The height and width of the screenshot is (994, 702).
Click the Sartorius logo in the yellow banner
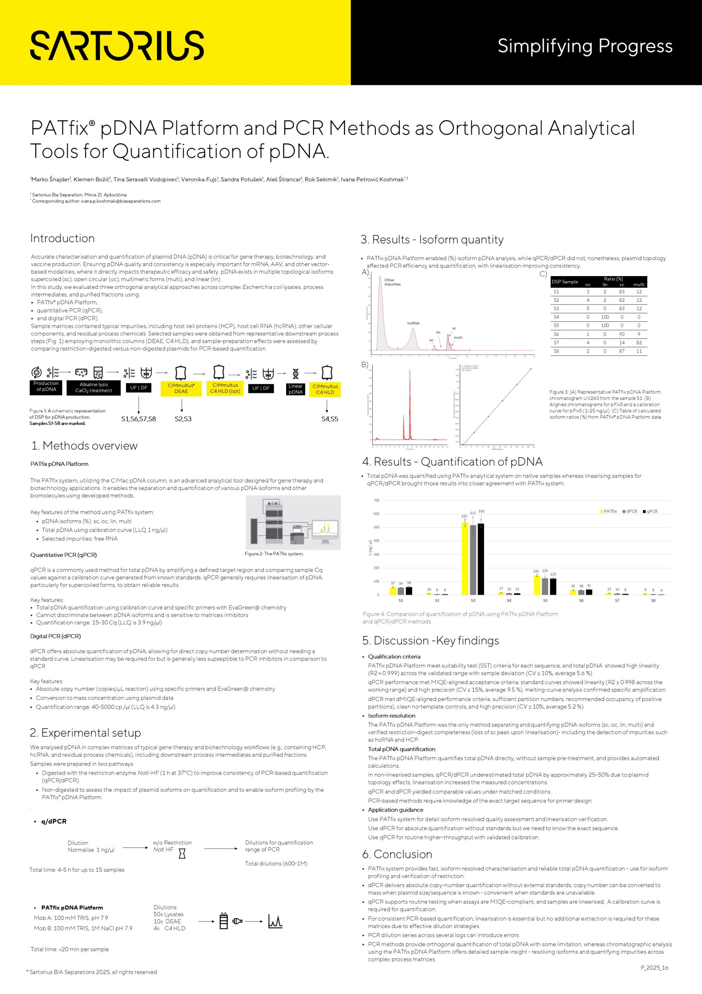117,45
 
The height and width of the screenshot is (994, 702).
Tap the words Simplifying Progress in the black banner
585,46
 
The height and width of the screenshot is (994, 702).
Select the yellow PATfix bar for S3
465,558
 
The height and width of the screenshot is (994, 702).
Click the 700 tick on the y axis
376,500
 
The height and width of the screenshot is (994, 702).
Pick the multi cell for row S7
639,342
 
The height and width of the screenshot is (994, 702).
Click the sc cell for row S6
622,334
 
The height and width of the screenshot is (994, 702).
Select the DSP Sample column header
565,282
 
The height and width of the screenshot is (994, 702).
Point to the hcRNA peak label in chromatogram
413,323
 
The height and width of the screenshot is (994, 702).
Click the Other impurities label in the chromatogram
392,282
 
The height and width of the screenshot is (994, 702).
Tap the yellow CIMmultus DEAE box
181,388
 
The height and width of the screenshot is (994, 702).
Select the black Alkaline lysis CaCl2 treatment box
94,388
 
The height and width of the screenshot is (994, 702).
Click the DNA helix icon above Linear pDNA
295,373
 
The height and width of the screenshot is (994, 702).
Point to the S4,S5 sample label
329,419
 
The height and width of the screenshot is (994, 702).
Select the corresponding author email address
120,201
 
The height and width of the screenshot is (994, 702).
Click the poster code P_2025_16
654,968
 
